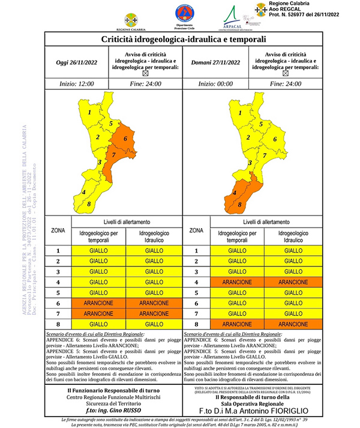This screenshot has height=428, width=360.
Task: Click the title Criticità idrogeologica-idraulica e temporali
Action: [x=182, y=39]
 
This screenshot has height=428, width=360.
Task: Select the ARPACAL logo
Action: [x=231, y=17]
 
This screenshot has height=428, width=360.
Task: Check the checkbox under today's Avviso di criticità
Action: [x=144, y=73]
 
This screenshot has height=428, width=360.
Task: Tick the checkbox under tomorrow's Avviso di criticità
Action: [x=285, y=73]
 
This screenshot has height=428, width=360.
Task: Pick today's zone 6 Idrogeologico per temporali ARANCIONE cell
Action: [x=98, y=303]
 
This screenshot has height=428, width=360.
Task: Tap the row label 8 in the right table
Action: [x=196, y=324]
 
